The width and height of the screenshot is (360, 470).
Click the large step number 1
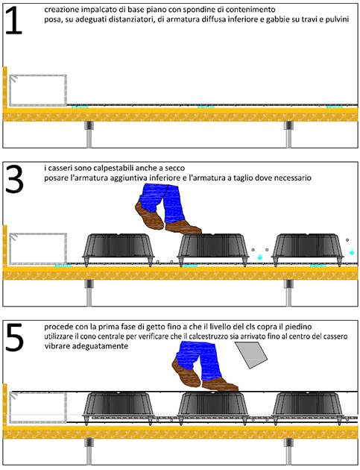coord(14,20)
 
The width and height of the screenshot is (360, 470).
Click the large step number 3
coord(14,179)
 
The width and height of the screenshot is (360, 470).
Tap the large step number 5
coord(14,338)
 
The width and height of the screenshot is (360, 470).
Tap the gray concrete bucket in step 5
coord(251,355)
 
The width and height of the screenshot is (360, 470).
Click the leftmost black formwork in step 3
coord(119,249)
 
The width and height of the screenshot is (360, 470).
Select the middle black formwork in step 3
coord(213,249)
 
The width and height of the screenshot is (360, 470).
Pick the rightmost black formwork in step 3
coord(308,249)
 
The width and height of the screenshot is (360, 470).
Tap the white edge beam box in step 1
coord(38,90)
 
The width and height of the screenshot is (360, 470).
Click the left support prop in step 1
coord(89,134)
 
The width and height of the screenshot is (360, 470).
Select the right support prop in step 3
coord(288,293)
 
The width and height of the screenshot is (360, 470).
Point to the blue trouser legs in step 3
coord(162,202)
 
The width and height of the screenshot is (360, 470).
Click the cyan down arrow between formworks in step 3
coord(260,257)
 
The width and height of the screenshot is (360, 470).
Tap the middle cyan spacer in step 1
coord(206,107)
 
